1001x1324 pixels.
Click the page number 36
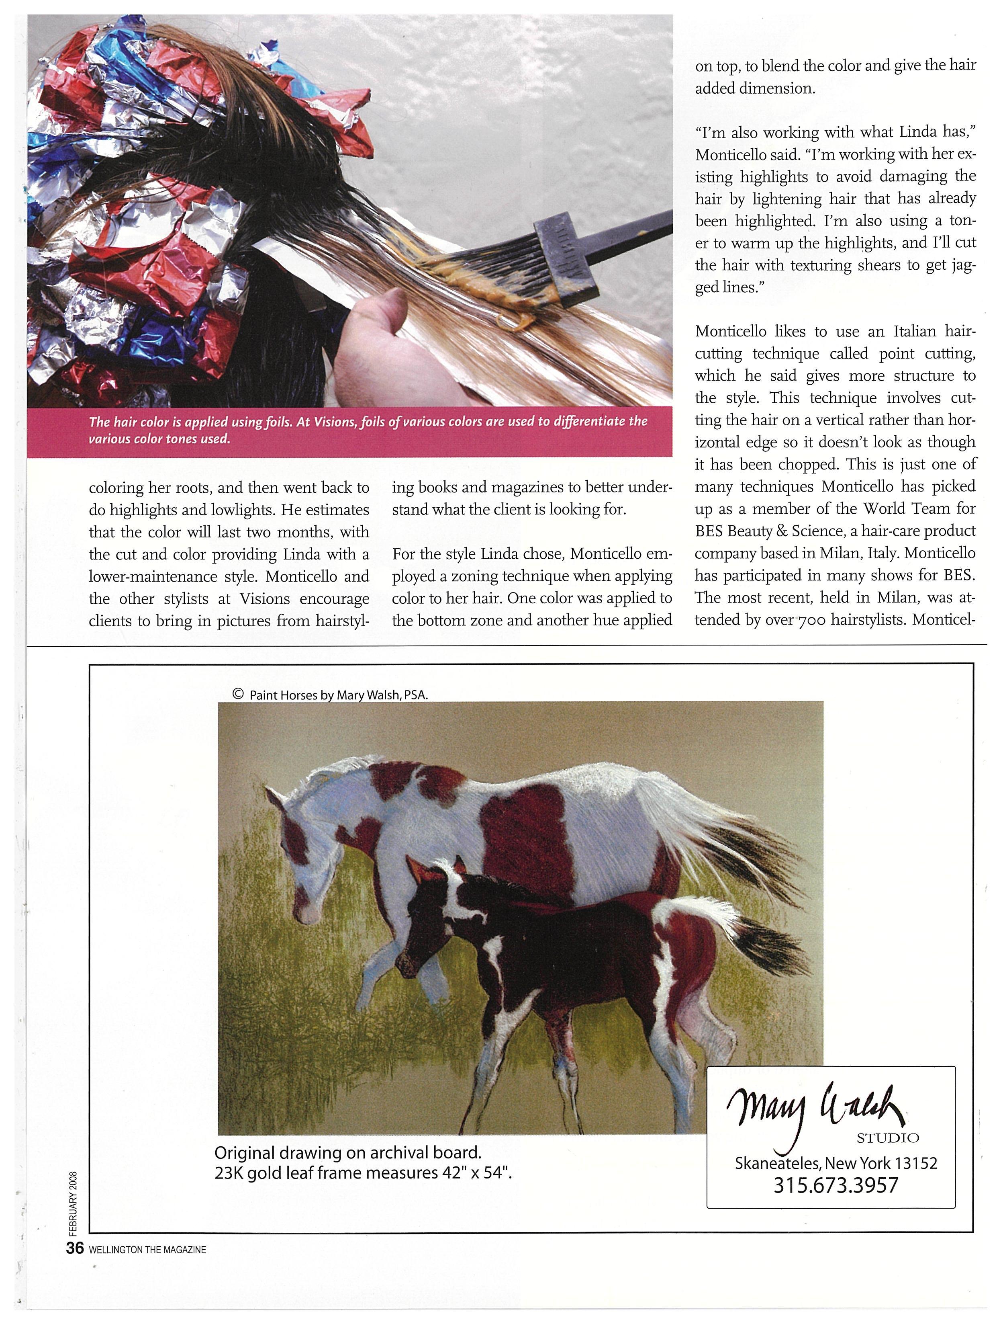pyautogui.click(x=74, y=1248)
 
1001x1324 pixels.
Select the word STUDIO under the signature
pyautogui.click(x=887, y=1137)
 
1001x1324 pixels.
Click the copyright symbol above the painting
pyautogui.click(x=237, y=694)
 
